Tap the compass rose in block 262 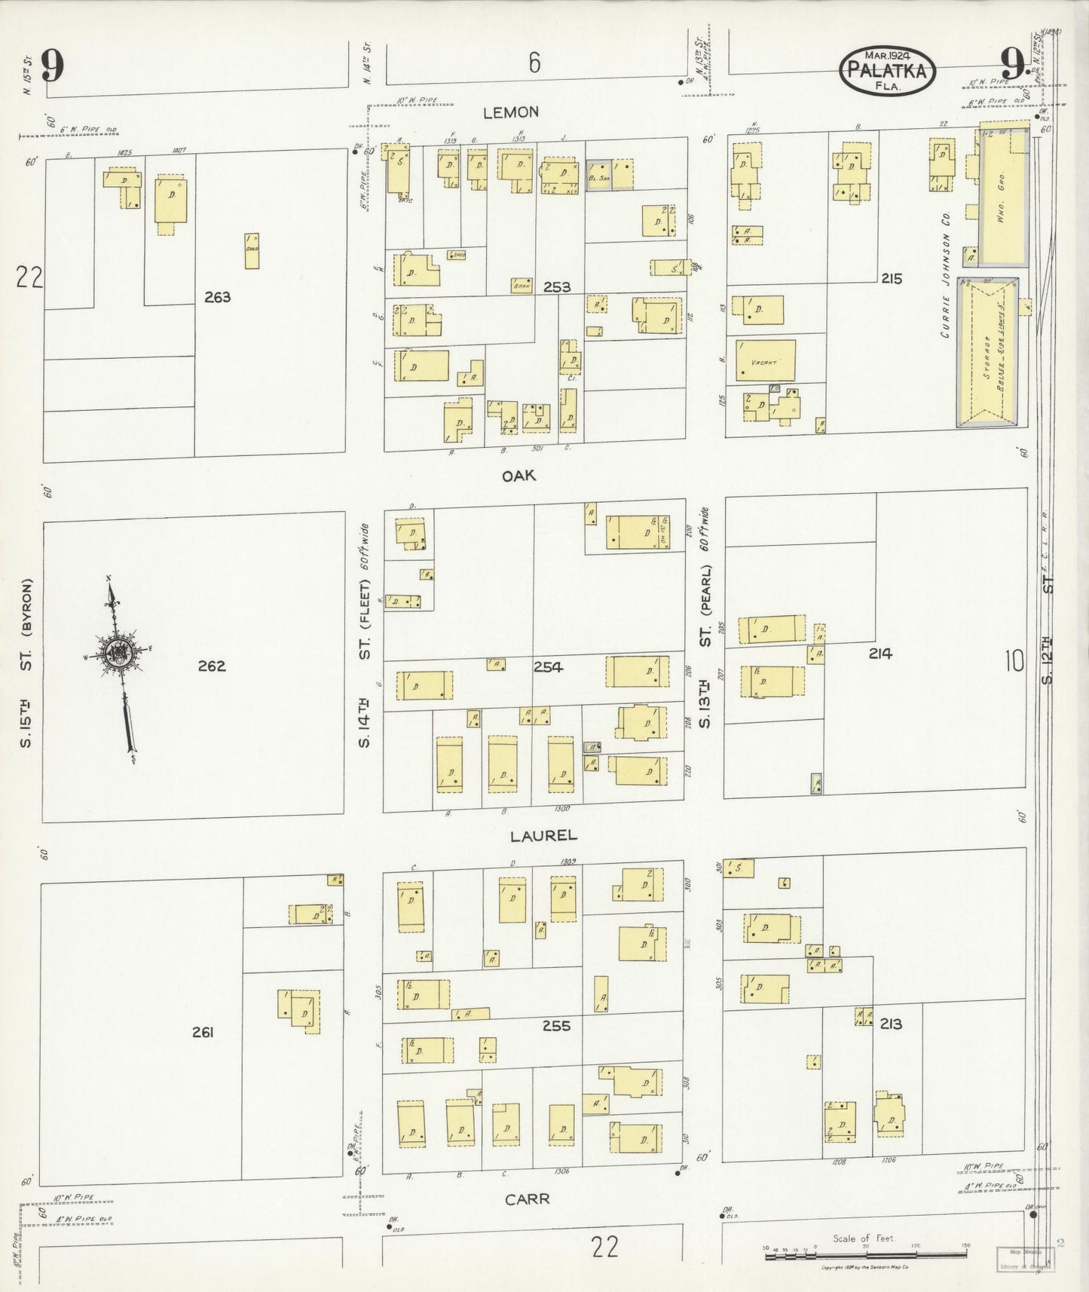(119, 654)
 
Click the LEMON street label (511, 112)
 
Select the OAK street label (519, 476)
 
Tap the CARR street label (527, 1199)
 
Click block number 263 (217, 297)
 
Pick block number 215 (892, 279)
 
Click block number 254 (548, 666)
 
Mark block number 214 (879, 654)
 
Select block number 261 (202, 1032)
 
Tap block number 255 (556, 1025)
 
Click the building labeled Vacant (765, 361)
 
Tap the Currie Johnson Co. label (946, 274)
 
